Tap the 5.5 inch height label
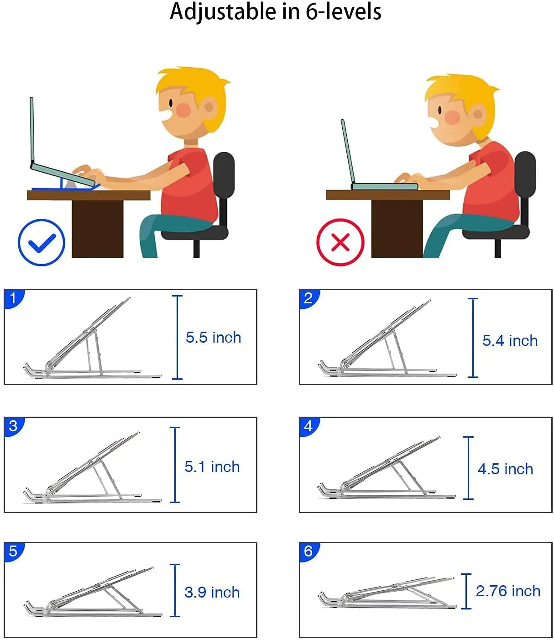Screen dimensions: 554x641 pos(214,337)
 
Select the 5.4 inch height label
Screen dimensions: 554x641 pos(510,340)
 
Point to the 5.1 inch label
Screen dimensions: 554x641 pos(212,467)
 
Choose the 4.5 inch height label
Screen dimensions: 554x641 pos(505,469)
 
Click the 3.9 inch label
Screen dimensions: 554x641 pos(212,592)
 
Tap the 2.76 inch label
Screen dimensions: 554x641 pos(508,591)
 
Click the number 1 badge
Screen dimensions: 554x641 pos(13,298)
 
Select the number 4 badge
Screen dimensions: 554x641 pos(308,426)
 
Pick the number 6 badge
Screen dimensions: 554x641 pos(308,551)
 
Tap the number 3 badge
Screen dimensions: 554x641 pos(13,426)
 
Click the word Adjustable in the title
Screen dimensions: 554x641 pos(223,12)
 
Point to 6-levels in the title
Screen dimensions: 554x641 pos(344,12)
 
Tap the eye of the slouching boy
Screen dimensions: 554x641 pos(440,110)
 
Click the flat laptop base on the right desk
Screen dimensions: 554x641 pos(384,186)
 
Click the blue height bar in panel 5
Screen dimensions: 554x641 pos(175,590)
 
